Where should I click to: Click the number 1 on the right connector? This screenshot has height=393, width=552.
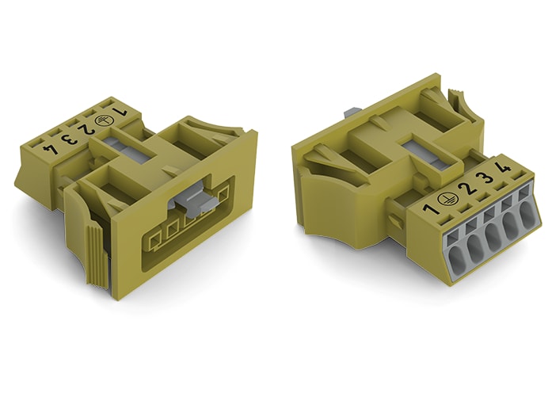click(429, 209)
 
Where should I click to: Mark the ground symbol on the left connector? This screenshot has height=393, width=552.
click(102, 120)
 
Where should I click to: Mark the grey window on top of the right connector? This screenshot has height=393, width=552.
click(418, 153)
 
